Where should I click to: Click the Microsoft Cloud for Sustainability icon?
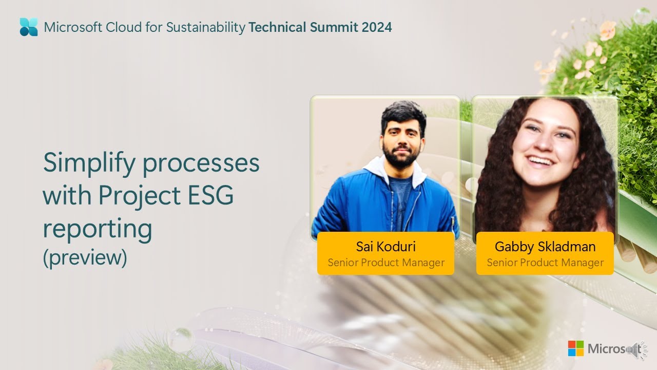click(29, 27)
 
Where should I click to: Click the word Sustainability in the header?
click(205, 27)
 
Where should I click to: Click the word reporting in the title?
click(97, 229)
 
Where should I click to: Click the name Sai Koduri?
click(385, 247)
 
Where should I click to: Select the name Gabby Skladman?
click(545, 247)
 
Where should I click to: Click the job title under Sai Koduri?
click(385, 263)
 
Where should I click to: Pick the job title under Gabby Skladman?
click(545, 263)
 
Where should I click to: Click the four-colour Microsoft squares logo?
click(575, 348)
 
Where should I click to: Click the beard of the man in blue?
click(400, 157)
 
